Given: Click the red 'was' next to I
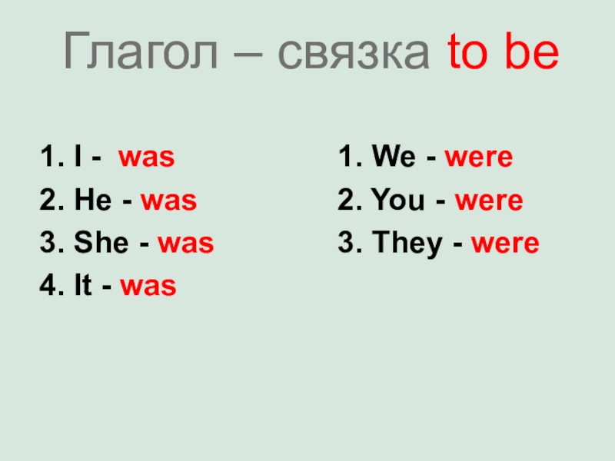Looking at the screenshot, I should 146,159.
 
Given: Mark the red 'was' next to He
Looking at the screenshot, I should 168,202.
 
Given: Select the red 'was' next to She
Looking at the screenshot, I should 185,245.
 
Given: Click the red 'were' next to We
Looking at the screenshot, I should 478,159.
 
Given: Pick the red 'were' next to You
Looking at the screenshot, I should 489,202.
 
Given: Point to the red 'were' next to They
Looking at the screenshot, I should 505,245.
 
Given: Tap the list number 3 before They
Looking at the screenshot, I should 344,244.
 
